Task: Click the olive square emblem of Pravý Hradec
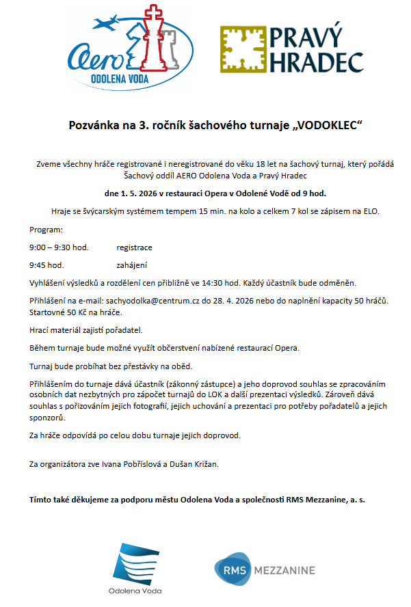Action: [x=242, y=49]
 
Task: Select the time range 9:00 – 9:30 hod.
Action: [x=59, y=247]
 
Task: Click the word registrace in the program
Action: [x=134, y=247]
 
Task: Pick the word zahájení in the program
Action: [x=132, y=265]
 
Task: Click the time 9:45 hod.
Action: [x=47, y=265]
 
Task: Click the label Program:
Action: [x=46, y=230]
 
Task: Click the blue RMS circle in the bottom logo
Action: [x=227, y=570]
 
